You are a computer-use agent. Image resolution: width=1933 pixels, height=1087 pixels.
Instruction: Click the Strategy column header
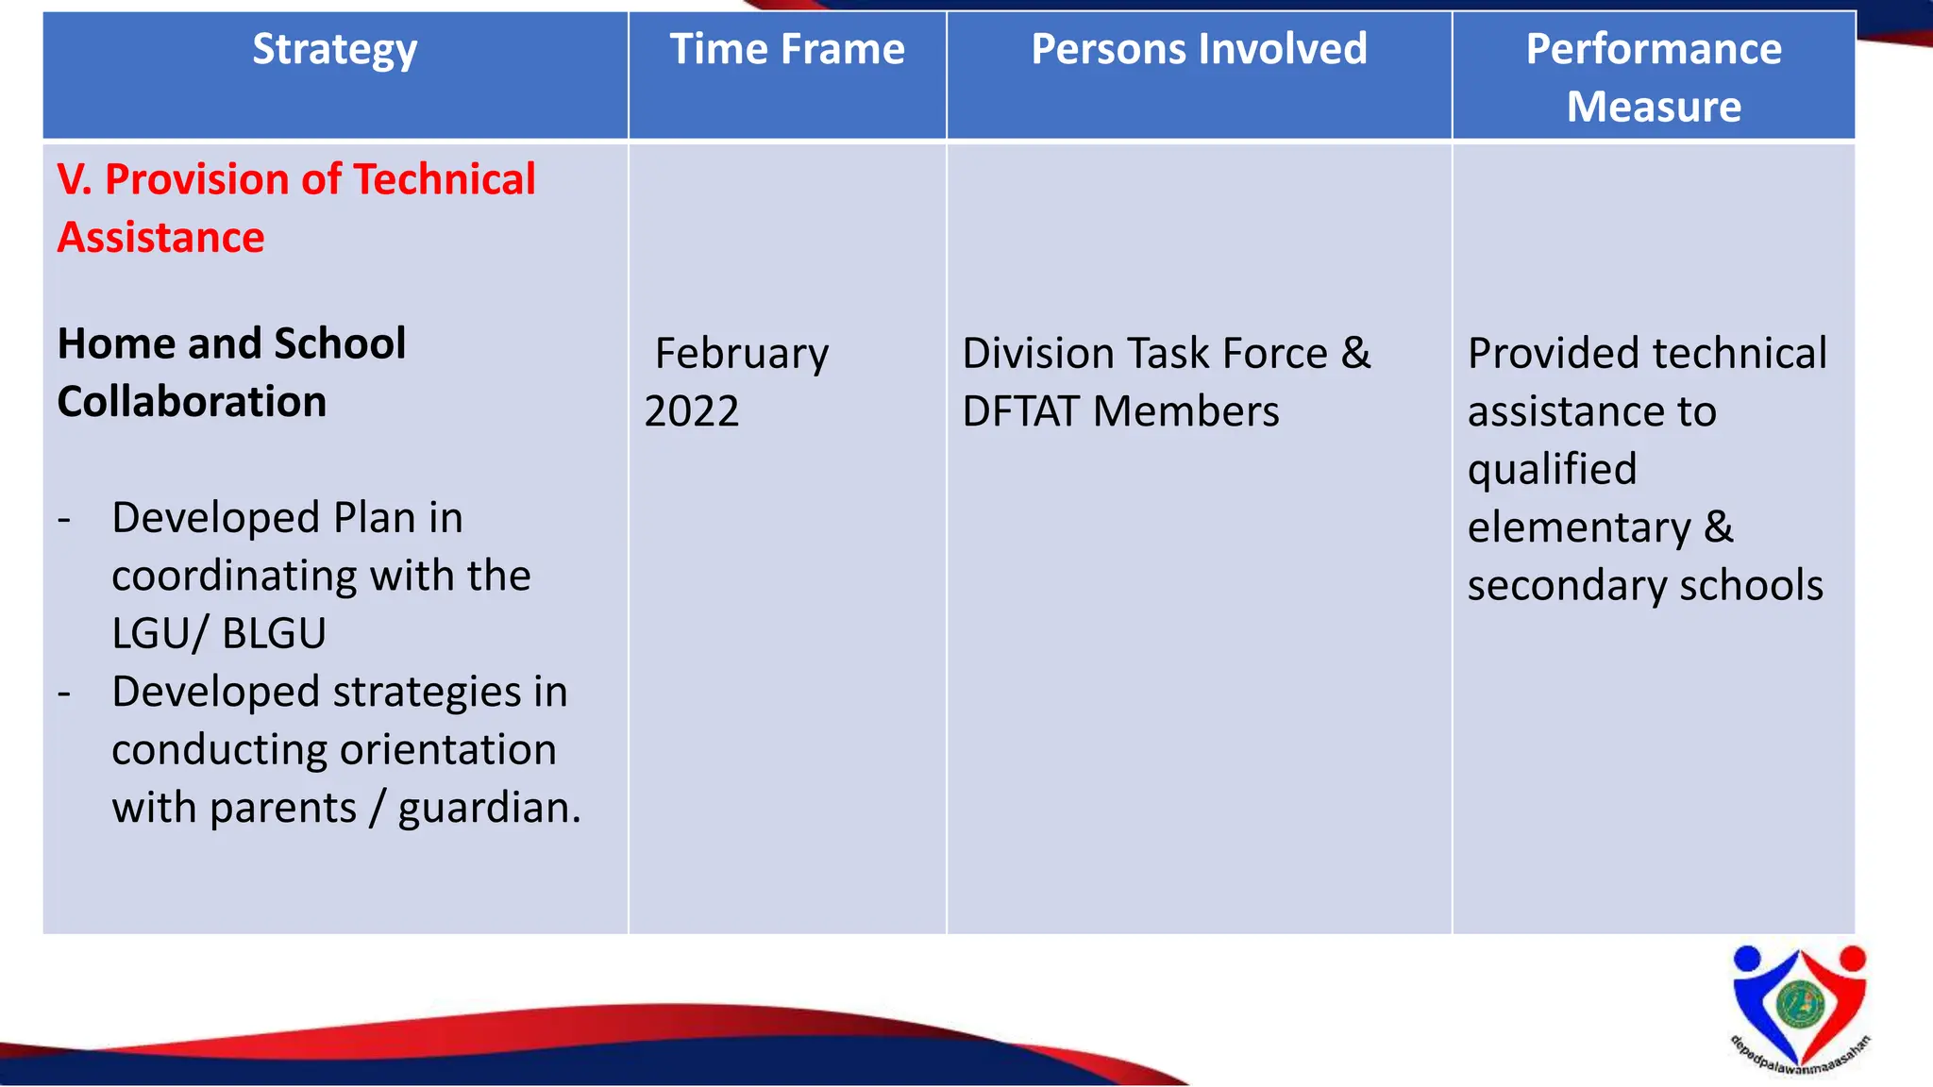[x=334, y=50]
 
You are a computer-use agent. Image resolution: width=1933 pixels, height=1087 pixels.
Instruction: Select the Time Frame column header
[x=786, y=49]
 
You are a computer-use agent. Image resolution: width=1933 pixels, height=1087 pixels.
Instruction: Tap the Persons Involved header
[x=1199, y=49]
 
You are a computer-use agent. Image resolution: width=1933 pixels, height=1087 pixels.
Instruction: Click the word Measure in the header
[x=1654, y=107]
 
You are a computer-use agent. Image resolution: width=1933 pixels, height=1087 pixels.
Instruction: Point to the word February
[x=742, y=354]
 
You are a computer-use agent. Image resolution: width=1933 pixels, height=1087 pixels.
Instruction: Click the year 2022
[x=692, y=411]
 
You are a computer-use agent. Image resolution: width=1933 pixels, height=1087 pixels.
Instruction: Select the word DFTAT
[x=1019, y=411]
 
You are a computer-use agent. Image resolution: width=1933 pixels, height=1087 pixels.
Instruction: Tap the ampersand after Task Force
[x=1356, y=353]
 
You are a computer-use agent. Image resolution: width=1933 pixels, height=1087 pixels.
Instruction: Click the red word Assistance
[x=160, y=237]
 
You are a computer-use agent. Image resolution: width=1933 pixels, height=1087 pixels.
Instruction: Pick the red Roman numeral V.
[x=74, y=179]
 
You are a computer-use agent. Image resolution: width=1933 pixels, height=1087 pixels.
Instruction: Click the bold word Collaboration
[x=192, y=402]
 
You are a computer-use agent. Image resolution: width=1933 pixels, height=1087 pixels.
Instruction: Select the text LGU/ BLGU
[x=219, y=633]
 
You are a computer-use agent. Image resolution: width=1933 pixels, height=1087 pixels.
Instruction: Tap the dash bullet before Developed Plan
[x=64, y=519]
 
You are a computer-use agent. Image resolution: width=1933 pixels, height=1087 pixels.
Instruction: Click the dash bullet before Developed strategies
[x=64, y=693]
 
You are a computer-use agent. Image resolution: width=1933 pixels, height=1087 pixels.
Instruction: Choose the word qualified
[x=1552, y=470]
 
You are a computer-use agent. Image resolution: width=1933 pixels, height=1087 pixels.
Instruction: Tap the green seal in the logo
[x=1799, y=1004]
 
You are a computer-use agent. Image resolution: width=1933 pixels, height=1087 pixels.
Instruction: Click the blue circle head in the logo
[x=1747, y=959]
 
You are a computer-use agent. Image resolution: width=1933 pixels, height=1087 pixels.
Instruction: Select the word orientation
[x=447, y=750]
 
